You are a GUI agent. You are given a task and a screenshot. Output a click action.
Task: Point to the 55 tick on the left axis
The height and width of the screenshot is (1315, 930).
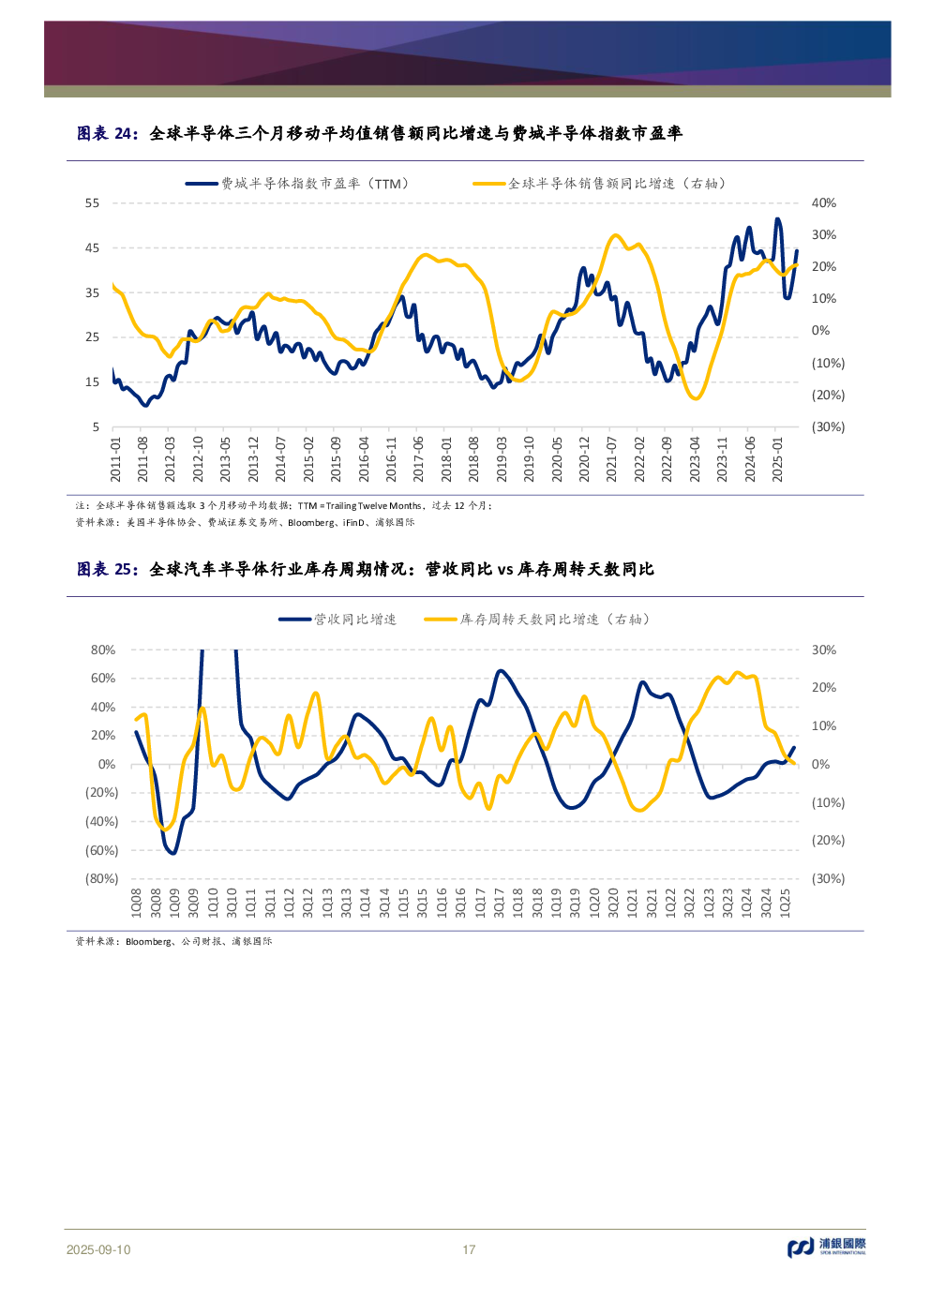(x=92, y=203)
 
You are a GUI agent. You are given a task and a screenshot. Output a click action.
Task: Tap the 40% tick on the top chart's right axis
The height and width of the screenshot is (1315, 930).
(x=823, y=203)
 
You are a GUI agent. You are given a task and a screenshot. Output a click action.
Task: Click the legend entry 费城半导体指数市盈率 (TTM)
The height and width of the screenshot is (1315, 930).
(x=297, y=184)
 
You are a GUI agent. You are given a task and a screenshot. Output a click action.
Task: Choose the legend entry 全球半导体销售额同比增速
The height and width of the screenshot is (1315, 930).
(x=600, y=184)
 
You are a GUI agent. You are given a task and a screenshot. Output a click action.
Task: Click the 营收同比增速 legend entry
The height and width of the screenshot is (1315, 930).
(x=337, y=620)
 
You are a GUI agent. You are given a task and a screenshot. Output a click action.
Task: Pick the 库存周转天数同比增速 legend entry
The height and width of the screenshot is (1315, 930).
(x=537, y=620)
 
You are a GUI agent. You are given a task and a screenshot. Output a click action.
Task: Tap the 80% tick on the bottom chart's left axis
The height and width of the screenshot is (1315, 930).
(x=103, y=650)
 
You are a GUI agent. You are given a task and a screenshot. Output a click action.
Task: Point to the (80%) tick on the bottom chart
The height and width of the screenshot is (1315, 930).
(x=101, y=879)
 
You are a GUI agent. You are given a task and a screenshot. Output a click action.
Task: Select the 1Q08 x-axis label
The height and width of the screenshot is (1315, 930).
(x=136, y=903)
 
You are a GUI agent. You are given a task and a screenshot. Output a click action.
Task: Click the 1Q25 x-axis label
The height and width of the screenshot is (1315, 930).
(x=786, y=903)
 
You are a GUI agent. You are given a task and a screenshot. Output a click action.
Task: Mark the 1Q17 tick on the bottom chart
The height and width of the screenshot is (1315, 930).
(x=480, y=903)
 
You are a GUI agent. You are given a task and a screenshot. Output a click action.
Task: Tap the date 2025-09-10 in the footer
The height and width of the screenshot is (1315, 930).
(x=98, y=1249)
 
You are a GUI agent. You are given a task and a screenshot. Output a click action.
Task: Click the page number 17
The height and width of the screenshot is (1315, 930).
(x=469, y=1249)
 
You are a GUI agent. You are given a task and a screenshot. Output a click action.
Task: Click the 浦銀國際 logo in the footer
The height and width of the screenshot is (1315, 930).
(x=827, y=1247)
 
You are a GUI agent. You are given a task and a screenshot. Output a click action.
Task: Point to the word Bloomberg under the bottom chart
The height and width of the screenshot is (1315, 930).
(x=149, y=941)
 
